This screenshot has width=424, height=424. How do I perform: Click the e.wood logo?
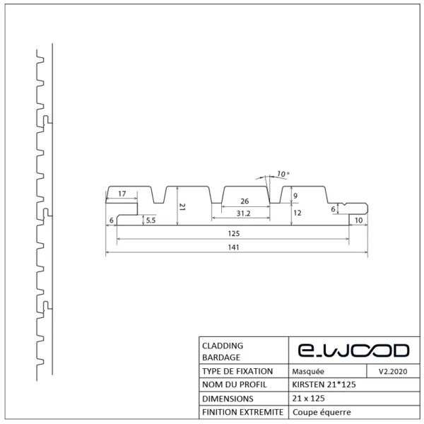(x=351, y=351)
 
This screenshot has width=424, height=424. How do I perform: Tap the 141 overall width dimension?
(x=234, y=247)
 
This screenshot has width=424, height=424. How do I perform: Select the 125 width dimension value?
(x=234, y=233)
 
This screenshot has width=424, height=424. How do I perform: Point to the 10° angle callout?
(x=283, y=173)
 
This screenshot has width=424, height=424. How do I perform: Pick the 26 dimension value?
(x=245, y=201)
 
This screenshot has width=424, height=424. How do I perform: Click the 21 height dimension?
(x=182, y=206)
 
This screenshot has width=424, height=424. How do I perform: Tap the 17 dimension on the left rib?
(x=122, y=194)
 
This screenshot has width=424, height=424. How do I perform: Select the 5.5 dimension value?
(x=151, y=220)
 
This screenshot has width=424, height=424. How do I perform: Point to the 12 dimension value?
(x=298, y=212)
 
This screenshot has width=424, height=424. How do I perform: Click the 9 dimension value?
(x=295, y=196)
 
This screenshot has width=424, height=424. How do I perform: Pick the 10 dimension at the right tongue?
(x=359, y=220)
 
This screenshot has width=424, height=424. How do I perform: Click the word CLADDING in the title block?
(x=223, y=346)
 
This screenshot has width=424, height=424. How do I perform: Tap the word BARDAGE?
(x=220, y=357)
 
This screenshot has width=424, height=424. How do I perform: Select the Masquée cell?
(x=308, y=371)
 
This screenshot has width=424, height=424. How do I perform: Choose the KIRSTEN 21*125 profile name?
(x=324, y=385)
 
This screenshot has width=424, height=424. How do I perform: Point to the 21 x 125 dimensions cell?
(x=310, y=399)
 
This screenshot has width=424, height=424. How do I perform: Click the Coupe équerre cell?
(x=321, y=413)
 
